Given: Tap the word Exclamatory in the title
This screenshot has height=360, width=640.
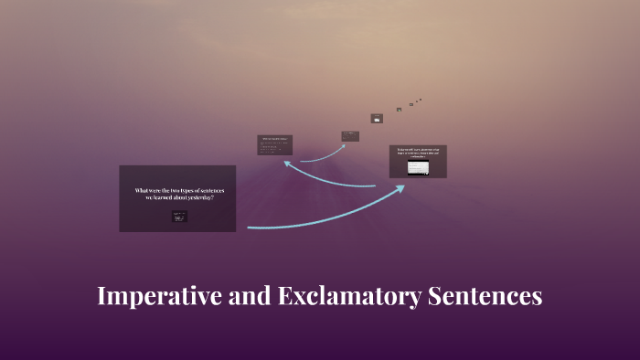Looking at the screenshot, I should pyautogui.click(x=333, y=297).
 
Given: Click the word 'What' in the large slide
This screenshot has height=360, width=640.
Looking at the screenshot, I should pyautogui.click(x=142, y=190).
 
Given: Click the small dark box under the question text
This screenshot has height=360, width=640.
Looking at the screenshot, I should pyautogui.click(x=179, y=217).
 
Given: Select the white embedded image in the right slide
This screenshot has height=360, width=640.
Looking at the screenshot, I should pyautogui.click(x=418, y=168).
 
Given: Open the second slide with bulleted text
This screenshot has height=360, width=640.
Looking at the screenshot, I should pyautogui.click(x=274, y=144).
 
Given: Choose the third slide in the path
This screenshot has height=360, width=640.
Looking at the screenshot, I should pyautogui.click(x=350, y=136).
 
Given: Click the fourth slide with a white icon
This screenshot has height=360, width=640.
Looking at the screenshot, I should pyautogui.click(x=376, y=118).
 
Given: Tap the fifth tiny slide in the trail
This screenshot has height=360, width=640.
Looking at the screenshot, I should pyautogui.click(x=399, y=110).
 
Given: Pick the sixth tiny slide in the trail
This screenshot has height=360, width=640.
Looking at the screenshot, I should pyautogui.click(x=411, y=104).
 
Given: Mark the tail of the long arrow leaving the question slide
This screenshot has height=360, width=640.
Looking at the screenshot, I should pyautogui.click(x=250, y=227).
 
